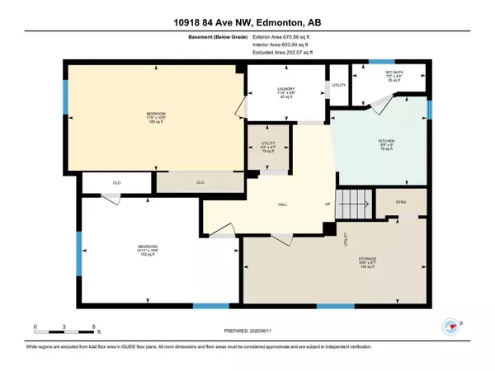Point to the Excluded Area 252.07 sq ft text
coord(289,52)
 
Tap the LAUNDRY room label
coord(285,92)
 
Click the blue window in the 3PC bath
coord(380,63)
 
